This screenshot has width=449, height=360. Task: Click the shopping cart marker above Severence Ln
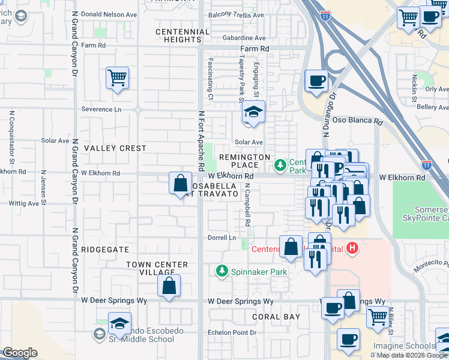click(118, 77)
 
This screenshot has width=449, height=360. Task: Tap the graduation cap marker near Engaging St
click(253, 112)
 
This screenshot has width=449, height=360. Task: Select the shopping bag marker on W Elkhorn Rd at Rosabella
click(181, 184)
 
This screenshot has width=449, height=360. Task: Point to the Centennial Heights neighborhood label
click(178, 35)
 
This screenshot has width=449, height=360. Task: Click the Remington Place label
click(244, 161)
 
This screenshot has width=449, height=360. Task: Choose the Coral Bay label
click(276, 316)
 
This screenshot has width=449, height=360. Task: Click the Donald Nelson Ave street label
click(109, 14)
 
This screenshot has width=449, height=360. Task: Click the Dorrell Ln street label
click(223, 238)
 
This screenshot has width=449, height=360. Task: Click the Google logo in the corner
click(20, 353)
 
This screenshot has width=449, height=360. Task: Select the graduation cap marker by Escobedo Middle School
click(120, 323)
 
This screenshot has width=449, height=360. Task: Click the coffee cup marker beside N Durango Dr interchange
click(316, 80)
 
